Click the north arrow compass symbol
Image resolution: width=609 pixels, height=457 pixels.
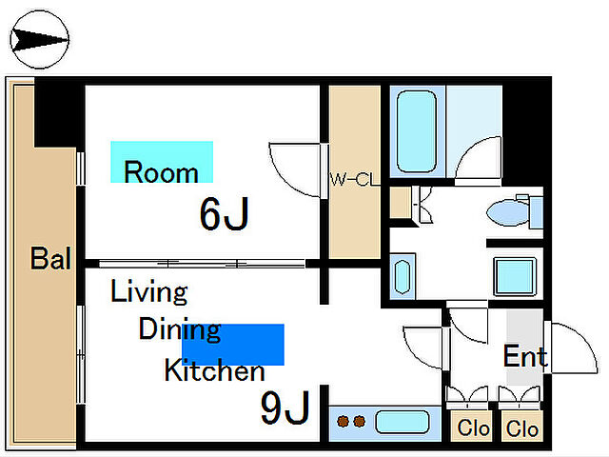[x=39, y=40]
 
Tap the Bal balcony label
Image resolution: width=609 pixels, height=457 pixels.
[x=50, y=258]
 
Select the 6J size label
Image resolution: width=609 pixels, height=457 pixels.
[x=225, y=213]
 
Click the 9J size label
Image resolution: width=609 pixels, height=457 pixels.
[x=285, y=407]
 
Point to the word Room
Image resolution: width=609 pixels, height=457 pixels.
[x=161, y=171]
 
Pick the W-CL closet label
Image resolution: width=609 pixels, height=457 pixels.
[x=354, y=180]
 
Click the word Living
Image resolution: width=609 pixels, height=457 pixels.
[x=149, y=290]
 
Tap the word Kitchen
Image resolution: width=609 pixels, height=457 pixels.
[x=214, y=370]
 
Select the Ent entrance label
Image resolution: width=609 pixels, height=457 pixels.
[x=525, y=356]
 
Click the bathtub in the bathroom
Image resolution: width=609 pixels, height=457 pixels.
[x=417, y=131]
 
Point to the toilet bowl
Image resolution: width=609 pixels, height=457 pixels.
[x=508, y=212]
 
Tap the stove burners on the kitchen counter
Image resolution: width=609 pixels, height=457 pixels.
[x=351, y=421]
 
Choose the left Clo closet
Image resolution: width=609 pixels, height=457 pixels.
[x=472, y=427]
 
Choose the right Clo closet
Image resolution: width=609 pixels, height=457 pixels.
[x=521, y=427]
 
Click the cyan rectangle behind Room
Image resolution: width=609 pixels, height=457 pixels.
[x=162, y=162]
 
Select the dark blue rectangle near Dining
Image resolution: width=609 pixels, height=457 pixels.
[x=233, y=345]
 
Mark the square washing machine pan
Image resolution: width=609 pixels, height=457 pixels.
[x=515, y=277]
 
